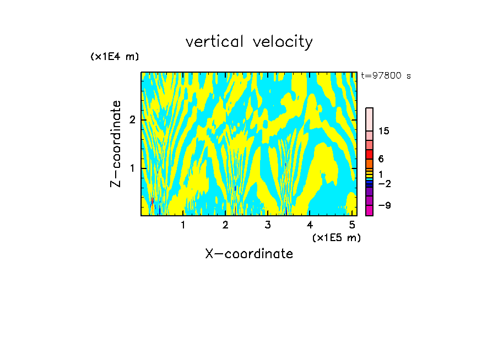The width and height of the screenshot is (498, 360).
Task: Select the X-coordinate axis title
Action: (249, 254)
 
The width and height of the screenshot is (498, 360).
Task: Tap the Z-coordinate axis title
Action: (116, 144)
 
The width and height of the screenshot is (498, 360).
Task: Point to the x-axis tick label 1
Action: (183, 225)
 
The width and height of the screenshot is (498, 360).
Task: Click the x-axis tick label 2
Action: (225, 225)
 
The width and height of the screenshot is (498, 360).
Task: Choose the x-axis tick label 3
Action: (268, 225)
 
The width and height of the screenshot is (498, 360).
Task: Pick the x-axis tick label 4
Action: (310, 225)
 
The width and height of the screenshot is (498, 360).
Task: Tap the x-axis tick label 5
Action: (352, 225)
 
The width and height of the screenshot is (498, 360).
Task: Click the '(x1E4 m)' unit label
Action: (115, 57)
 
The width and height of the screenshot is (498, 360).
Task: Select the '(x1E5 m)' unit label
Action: (336, 237)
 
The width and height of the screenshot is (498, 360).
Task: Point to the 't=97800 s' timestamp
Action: (386, 76)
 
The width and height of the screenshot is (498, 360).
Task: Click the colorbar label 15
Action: (384, 131)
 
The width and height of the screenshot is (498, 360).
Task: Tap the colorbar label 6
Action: (381, 159)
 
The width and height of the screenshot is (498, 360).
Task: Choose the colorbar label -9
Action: (384, 205)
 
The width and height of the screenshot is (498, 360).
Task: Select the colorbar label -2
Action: (384, 183)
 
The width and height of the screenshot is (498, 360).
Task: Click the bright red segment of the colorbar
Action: (369, 154)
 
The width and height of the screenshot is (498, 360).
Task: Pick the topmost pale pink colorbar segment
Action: (369, 119)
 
